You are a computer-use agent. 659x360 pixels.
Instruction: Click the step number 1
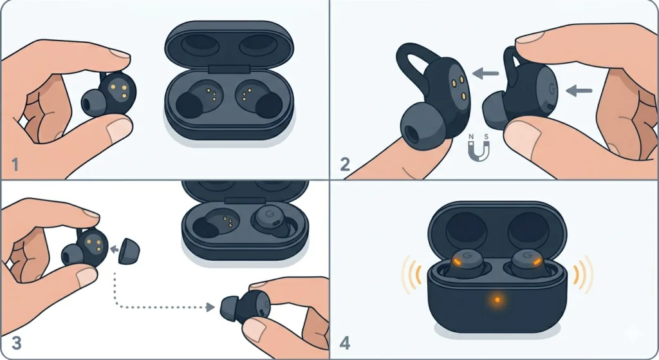(x=14, y=166)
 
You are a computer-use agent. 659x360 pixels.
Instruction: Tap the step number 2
(x=346, y=164)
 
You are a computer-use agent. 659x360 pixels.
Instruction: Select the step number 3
(x=15, y=343)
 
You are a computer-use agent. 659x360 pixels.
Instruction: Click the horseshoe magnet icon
(x=478, y=151)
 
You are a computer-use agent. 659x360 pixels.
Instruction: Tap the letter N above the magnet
(x=470, y=137)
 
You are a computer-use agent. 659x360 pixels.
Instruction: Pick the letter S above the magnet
(x=487, y=137)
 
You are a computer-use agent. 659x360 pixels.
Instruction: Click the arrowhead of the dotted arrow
(x=210, y=307)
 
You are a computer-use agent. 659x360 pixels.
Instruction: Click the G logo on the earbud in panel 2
(x=551, y=88)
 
